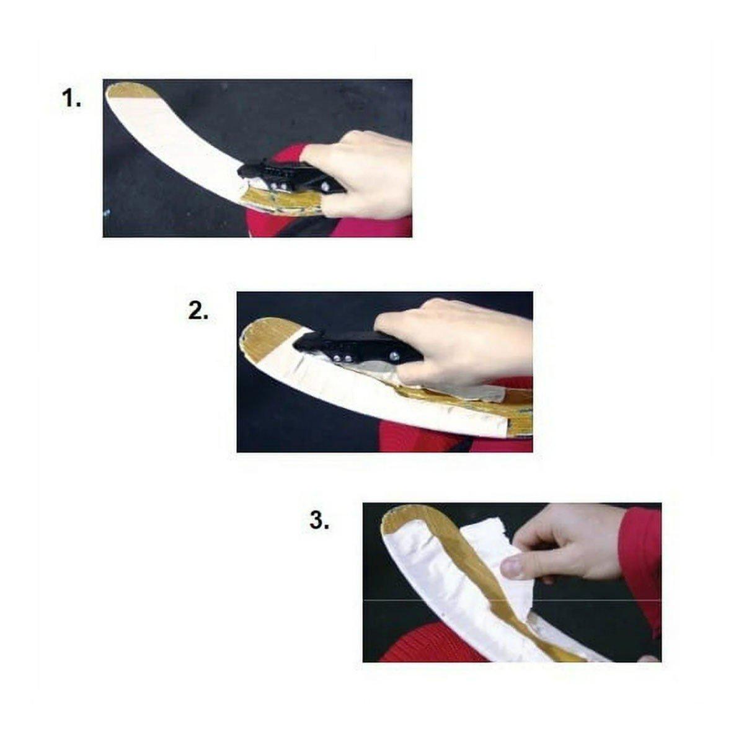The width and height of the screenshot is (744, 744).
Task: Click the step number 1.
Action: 71,99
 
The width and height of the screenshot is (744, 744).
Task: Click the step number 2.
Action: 198,311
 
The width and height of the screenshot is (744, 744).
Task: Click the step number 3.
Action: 319,520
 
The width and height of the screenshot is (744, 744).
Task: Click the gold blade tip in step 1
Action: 130,90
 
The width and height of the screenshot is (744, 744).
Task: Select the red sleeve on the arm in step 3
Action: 641,564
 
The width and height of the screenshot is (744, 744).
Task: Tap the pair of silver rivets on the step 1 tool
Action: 279,186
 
